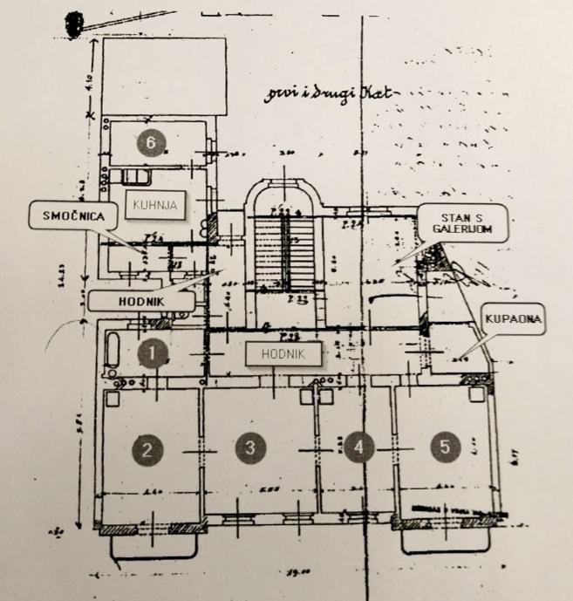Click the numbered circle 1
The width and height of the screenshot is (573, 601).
pyautogui.click(x=153, y=354)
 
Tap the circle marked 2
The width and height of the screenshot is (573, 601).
pyautogui.click(x=147, y=449)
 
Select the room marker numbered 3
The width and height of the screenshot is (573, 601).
pyautogui.click(x=250, y=447)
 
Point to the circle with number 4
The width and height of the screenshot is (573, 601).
pyautogui.click(x=358, y=447)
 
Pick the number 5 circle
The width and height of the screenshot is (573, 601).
pyautogui.click(x=446, y=447)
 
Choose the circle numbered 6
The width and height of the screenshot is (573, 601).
pyautogui.click(x=153, y=143)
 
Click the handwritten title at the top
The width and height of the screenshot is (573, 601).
pyautogui.click(x=331, y=93)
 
